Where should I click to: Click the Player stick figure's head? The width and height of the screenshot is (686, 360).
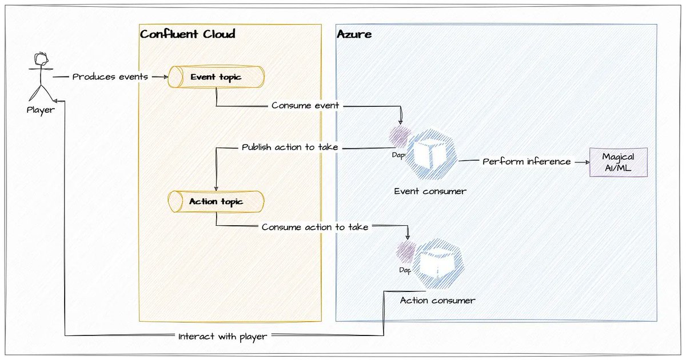pos(41,60)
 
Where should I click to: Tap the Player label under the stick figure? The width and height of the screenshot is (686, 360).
pos(41,110)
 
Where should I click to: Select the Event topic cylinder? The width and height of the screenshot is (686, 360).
pos(216,77)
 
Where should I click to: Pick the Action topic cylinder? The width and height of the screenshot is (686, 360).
pos(216,201)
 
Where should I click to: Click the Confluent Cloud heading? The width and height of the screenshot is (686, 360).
pos(188,34)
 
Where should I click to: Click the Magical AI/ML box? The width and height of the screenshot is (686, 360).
pos(618,162)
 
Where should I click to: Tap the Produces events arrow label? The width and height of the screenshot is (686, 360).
pos(110,77)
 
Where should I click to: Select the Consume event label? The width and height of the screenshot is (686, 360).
pos(305,105)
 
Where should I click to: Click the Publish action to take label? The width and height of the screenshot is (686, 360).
pos(290,147)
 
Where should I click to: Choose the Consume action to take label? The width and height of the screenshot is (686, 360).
pos(315,227)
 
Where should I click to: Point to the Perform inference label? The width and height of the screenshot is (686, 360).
pos(527,162)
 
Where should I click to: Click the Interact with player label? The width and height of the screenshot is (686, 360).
pos(222,337)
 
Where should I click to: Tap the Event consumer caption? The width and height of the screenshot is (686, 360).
pos(430,191)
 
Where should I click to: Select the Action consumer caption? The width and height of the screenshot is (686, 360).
pos(437,300)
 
